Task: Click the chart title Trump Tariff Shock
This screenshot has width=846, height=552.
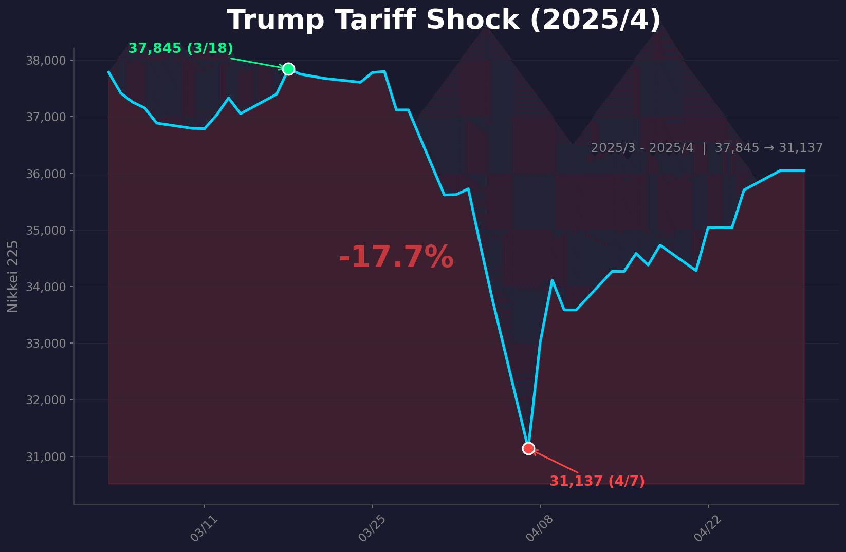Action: [x=444, y=21]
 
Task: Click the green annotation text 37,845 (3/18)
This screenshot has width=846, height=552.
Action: [x=180, y=49]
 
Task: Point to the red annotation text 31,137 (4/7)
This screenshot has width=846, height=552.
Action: [x=597, y=482]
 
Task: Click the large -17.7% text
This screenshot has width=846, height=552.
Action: [x=396, y=257]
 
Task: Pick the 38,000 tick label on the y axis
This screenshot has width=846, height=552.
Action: [x=46, y=61]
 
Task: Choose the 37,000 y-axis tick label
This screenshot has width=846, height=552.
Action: [x=46, y=117]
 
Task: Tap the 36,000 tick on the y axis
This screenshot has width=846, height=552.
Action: [x=46, y=174]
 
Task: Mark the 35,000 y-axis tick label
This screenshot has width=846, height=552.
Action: [x=46, y=231]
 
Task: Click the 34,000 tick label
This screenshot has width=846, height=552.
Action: [x=46, y=287]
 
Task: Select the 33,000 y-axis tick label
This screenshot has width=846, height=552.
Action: [x=46, y=344]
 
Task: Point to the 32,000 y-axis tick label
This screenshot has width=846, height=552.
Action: [x=46, y=400]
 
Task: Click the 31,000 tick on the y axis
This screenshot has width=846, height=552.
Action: [x=46, y=457]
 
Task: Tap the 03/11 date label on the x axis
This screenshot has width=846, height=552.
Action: [x=204, y=528]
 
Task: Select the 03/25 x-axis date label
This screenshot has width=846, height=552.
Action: [x=372, y=528]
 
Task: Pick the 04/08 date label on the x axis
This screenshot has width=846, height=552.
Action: [x=540, y=528]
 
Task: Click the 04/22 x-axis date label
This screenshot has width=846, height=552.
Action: [x=708, y=528]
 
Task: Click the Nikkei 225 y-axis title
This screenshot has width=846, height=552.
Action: [x=13, y=276]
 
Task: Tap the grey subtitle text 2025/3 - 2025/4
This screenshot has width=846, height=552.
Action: [x=641, y=148]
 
